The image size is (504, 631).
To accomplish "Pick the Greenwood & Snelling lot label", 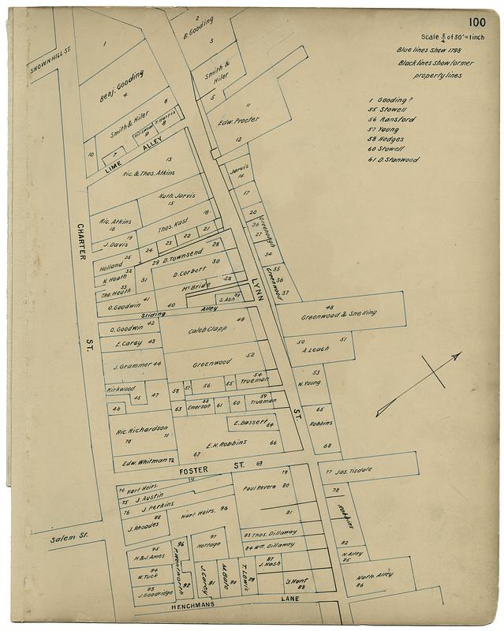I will pyautogui.click(x=338, y=314).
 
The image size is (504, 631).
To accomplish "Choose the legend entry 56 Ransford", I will pyautogui.click(x=391, y=118).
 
